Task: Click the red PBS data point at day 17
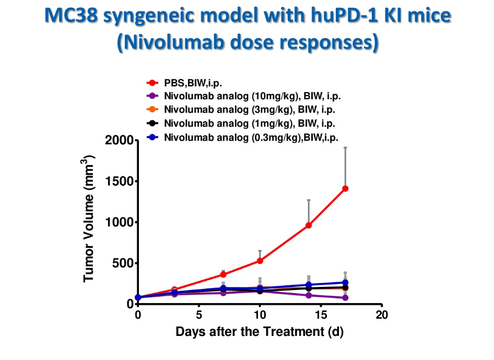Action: click(345, 189)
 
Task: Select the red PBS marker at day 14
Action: click(309, 225)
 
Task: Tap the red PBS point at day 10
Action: click(260, 261)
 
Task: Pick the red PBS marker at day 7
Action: click(223, 274)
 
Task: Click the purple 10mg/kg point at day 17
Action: click(345, 298)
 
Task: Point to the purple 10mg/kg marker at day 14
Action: click(309, 295)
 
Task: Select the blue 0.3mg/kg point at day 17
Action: click(345, 283)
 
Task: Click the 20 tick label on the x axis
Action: click(382, 315)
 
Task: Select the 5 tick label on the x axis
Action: click(199, 315)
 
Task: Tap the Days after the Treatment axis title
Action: click(260, 332)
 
